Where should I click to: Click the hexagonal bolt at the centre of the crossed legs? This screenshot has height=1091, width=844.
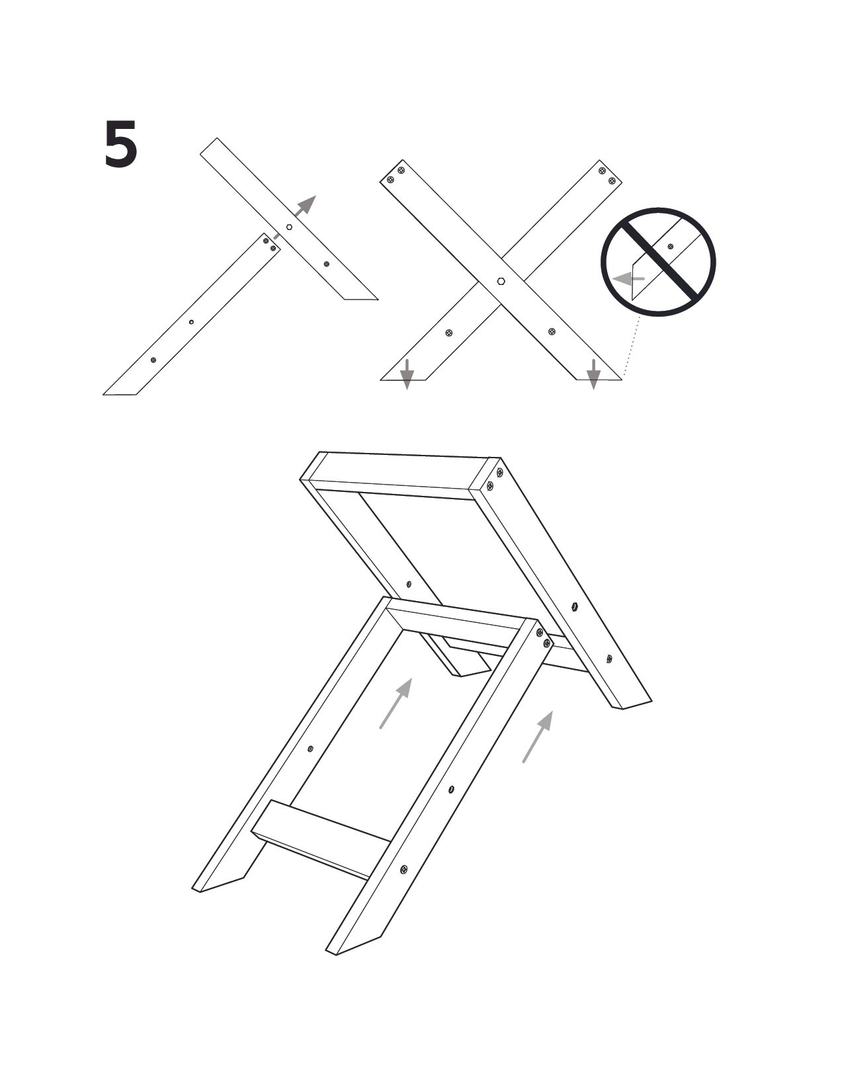click(500, 281)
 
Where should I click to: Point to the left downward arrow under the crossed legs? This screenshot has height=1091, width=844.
click(407, 374)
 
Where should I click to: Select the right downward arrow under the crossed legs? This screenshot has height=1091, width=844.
click(593, 374)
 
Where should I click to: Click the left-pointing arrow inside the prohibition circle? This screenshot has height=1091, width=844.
click(628, 278)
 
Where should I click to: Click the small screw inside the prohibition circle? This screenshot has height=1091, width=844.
click(670, 247)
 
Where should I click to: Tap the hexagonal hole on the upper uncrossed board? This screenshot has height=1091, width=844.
click(289, 227)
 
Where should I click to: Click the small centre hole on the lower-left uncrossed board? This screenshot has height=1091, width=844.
click(190, 322)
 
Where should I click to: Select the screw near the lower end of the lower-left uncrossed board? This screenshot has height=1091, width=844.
click(153, 360)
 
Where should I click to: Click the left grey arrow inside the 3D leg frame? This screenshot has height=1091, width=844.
click(396, 704)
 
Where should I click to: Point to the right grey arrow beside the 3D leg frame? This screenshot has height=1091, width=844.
click(538, 737)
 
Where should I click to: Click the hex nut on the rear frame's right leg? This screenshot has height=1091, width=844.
click(574, 606)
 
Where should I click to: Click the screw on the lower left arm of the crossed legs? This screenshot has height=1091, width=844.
click(449, 333)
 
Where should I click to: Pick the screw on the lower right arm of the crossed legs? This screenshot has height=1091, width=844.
click(552, 331)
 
